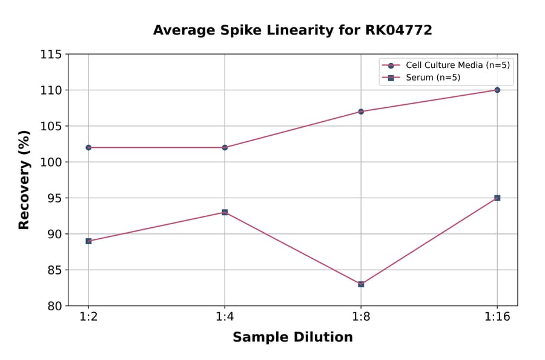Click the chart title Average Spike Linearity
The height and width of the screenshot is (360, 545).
tap(292, 30)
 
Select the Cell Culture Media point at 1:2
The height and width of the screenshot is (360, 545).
tap(88, 147)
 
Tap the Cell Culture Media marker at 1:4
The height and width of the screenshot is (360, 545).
tap(225, 147)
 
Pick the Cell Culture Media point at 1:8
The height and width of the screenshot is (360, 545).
tap(361, 112)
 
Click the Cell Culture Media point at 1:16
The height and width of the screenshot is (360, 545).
tap(497, 90)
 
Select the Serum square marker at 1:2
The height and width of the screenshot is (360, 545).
tap(88, 241)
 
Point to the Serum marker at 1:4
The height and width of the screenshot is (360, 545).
tap(225, 212)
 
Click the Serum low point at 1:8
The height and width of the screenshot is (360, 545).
tap(361, 284)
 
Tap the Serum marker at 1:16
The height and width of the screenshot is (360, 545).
tap(497, 198)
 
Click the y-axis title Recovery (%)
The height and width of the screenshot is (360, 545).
tap(24, 179)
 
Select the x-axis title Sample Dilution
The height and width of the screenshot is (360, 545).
tap(292, 338)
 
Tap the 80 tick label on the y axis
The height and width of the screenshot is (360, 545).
tap(54, 305)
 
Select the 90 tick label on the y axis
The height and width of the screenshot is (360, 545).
tap(54, 234)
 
